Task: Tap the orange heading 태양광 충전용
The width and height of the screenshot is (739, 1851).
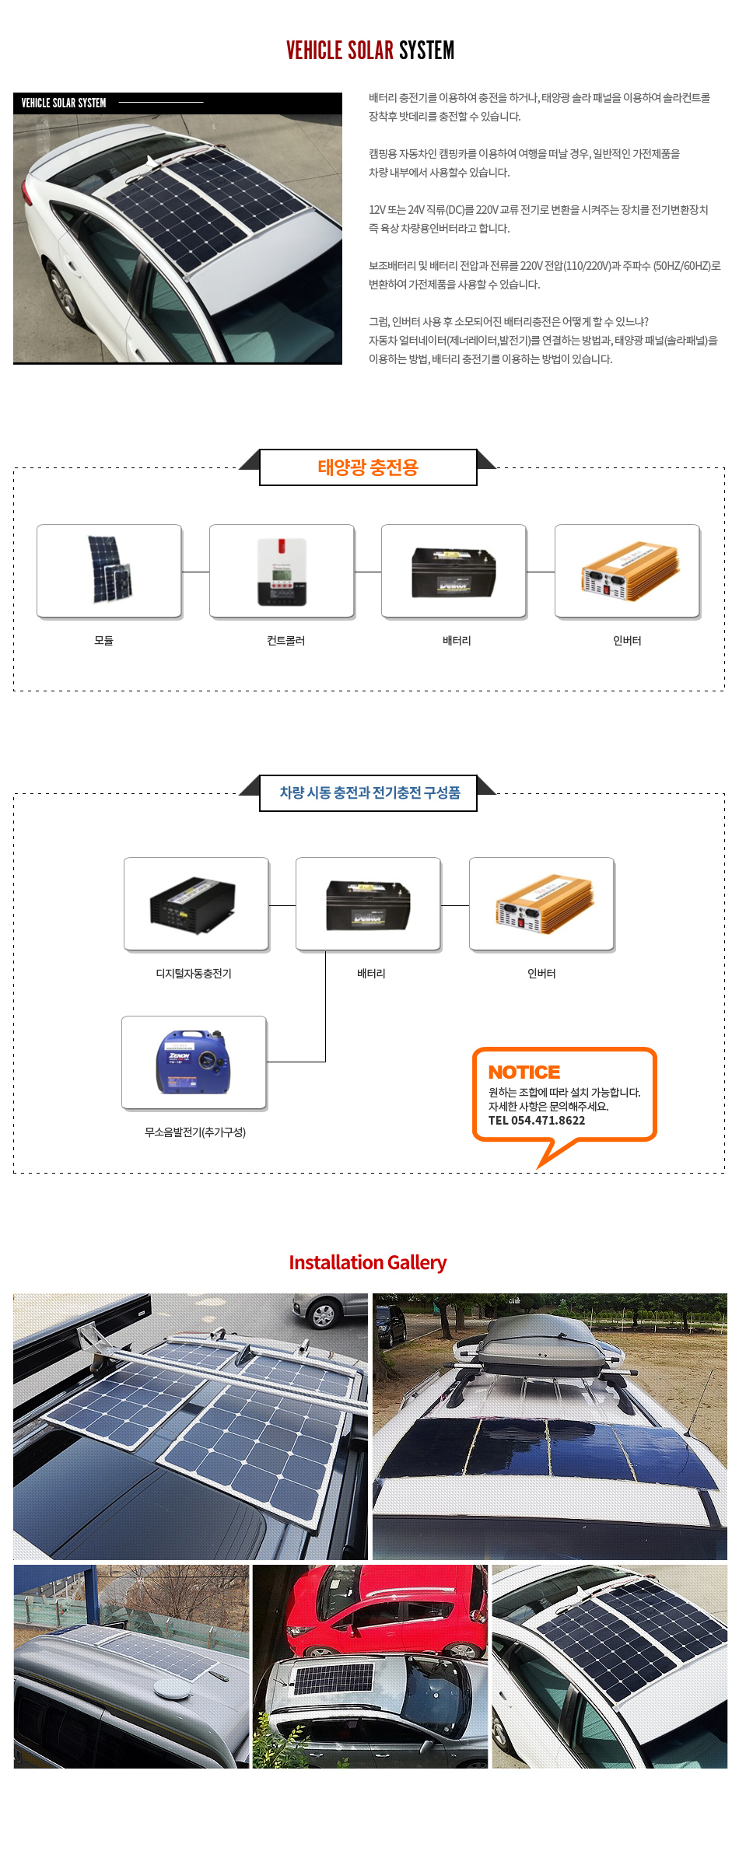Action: (x=368, y=467)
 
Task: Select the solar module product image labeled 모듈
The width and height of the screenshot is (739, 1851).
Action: (x=110, y=570)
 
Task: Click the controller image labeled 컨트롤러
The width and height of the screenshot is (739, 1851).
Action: (x=282, y=572)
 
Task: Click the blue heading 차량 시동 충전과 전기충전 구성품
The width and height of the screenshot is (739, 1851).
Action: (x=369, y=793)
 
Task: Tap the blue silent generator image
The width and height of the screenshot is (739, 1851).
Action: (x=194, y=1062)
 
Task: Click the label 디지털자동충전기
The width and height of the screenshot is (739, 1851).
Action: (x=194, y=974)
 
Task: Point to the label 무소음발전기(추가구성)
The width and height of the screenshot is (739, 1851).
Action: (x=195, y=1132)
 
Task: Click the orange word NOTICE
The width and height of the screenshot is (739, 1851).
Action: (x=524, y=1072)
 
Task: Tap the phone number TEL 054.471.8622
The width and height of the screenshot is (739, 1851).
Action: (x=537, y=1121)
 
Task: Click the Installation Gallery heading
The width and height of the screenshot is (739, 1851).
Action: (x=368, y=1262)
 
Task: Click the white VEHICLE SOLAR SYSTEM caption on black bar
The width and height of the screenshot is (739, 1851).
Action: (x=64, y=103)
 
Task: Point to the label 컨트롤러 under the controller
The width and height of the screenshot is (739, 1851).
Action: (x=285, y=641)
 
